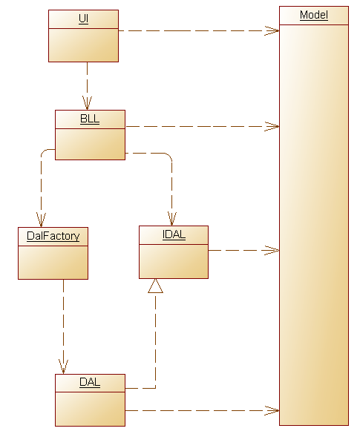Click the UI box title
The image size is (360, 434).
click(83, 19)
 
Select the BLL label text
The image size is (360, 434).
click(90, 119)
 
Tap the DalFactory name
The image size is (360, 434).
click(53, 236)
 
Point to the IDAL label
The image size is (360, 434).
click(174, 234)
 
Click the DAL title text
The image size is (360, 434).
click(90, 382)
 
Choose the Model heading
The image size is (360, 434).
click(314, 15)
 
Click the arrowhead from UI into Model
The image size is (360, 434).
click(272, 30)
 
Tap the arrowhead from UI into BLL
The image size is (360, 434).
click(87, 103)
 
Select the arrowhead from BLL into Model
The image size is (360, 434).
click(272, 127)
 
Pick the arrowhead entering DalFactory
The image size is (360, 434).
click(41, 220)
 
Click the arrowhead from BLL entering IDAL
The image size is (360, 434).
click(172, 219)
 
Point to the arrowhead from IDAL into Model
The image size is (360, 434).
click(272, 251)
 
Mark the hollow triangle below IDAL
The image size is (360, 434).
click(155, 286)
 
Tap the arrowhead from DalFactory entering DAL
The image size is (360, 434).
click(63, 367)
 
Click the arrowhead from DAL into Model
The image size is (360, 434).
click(272, 410)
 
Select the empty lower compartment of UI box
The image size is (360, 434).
click(83, 45)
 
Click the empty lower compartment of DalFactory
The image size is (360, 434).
click(53, 263)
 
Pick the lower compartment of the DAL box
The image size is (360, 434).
click(90, 409)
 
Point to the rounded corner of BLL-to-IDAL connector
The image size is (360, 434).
click(170, 155)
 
